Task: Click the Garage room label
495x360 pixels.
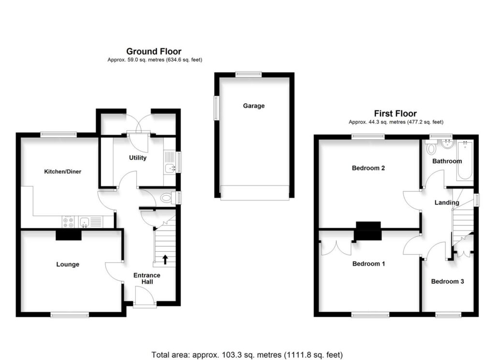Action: [254, 106]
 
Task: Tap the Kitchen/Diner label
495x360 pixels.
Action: [62, 172]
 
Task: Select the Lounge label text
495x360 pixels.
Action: [68, 264]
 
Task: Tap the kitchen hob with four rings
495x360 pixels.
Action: [68, 222]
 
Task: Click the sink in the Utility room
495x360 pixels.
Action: [169, 168]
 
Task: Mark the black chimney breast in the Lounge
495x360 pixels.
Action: [68, 234]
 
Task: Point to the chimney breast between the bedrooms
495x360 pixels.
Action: [368, 230]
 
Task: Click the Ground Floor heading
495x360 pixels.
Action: [154, 51]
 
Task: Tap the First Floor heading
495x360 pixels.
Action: [396, 114]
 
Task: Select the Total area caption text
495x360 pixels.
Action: [247, 355]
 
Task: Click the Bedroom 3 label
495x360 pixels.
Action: [448, 281]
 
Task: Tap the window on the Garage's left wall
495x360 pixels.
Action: [216, 106]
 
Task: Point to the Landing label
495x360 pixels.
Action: [447, 202]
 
